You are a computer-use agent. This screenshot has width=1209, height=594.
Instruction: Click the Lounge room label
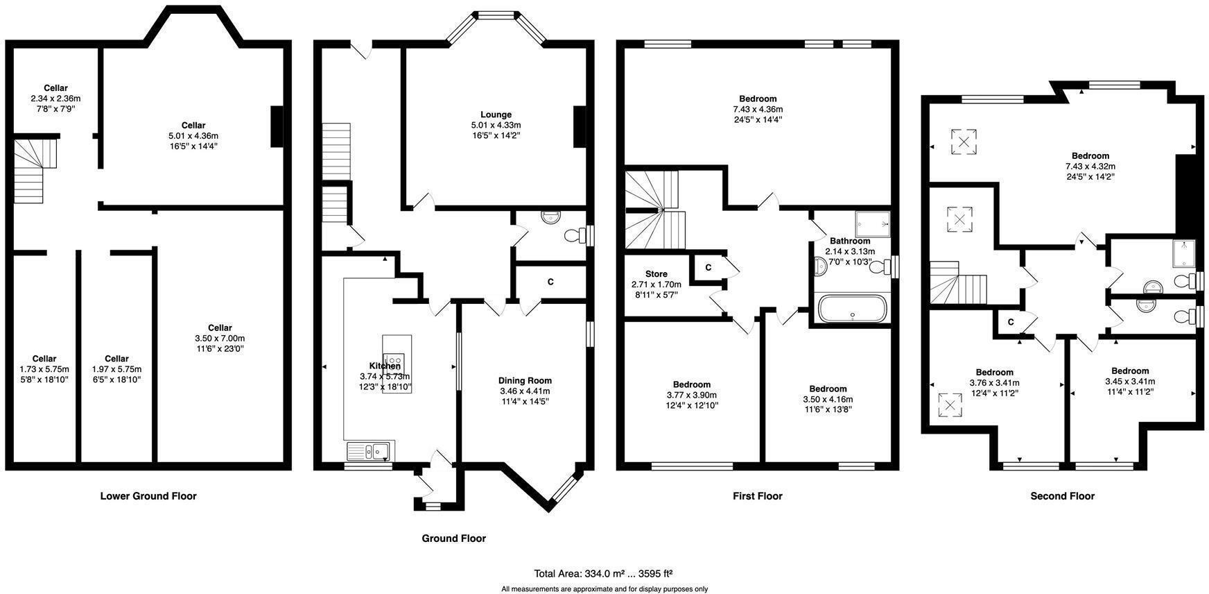pos(496,114)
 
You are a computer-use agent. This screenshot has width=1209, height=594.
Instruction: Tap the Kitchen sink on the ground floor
pos(369,452)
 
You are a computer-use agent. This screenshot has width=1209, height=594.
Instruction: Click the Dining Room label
pos(525,380)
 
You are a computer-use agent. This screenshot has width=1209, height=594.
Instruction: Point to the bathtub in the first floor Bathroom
pos(852,309)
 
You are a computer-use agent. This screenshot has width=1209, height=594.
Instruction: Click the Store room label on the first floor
pos(656,274)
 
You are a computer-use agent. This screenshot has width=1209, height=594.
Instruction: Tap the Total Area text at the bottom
pos(603,574)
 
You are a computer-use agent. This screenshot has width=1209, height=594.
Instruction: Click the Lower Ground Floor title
pos(148,496)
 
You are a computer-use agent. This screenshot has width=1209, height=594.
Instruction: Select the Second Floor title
pos(1062,496)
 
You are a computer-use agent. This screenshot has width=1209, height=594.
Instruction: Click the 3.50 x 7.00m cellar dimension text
pos(220,338)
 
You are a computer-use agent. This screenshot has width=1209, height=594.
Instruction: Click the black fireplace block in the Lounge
pos(580,126)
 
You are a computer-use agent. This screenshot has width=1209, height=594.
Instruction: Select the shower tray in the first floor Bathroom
pos(871,224)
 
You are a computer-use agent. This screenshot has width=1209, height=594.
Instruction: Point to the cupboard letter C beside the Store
pos(708,267)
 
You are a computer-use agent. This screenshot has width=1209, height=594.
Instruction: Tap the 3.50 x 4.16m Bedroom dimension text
pos(828,399)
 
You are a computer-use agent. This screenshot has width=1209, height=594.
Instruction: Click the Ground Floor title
pos(454,538)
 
